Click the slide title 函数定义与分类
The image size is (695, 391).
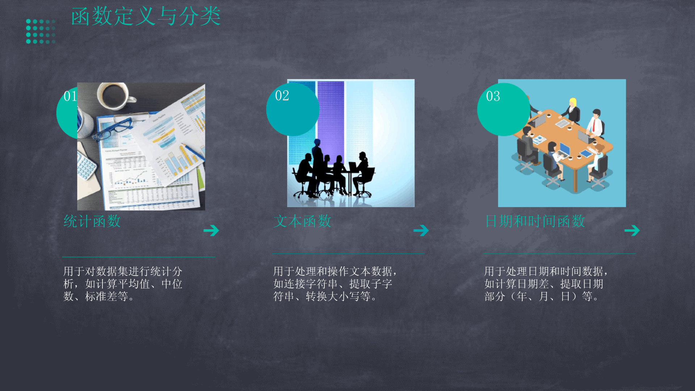(x=146, y=17)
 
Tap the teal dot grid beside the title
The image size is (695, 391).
(x=41, y=31)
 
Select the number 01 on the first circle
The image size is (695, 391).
(x=70, y=96)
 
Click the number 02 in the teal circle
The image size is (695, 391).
(x=282, y=96)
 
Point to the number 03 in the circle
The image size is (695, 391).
(x=493, y=96)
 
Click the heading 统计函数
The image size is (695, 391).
(x=92, y=221)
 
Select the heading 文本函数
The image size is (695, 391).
(x=302, y=221)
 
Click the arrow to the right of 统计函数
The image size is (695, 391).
(x=211, y=230)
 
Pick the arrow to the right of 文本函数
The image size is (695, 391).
(x=421, y=230)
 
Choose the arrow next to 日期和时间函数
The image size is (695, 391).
(x=632, y=230)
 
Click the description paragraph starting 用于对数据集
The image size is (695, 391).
(x=123, y=284)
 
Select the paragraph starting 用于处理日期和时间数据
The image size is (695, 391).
(x=546, y=284)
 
